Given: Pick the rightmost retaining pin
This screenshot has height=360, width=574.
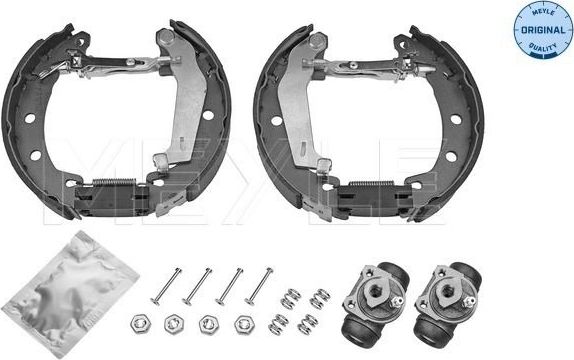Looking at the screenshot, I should [x=260, y=284].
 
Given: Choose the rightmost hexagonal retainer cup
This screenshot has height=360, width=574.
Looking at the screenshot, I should [x=243, y=325].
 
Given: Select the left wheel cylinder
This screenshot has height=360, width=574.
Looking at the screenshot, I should [x=372, y=298].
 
